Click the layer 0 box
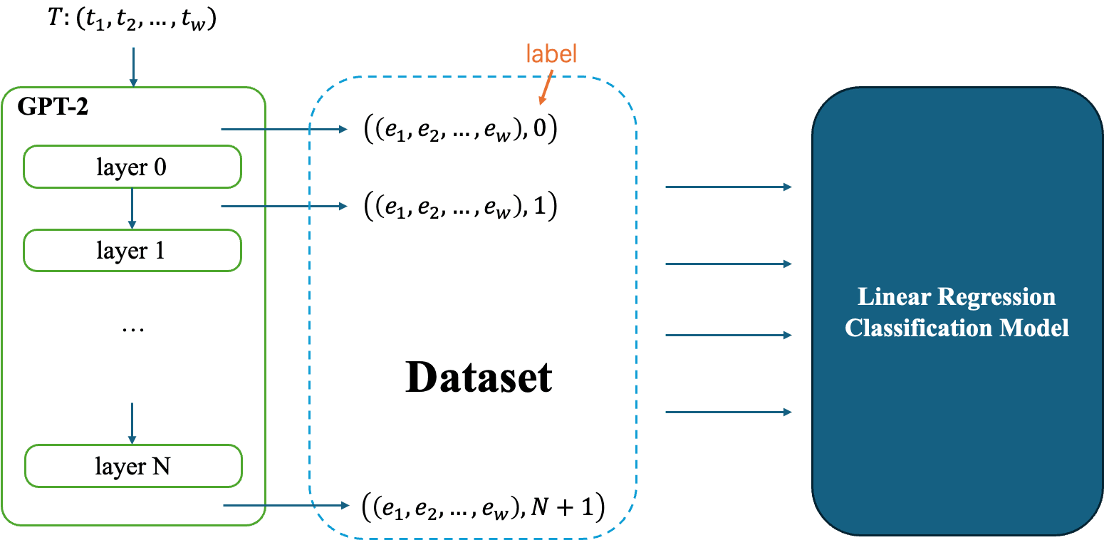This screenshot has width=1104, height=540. click(132, 167)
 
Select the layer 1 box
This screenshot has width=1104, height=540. click(132, 251)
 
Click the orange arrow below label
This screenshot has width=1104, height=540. click(545, 90)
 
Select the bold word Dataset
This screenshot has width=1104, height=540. click(479, 378)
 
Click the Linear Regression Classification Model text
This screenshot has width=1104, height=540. click(957, 312)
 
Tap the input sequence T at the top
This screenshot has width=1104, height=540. click(132, 21)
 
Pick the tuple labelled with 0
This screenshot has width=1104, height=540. click(460, 130)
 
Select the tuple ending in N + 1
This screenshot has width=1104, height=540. click(483, 507)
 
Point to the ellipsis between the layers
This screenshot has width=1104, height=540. click(133, 330)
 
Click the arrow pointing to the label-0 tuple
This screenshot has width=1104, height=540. click(285, 130)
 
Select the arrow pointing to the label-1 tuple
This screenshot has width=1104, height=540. click(285, 207)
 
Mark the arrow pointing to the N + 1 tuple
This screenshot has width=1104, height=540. click(286, 506)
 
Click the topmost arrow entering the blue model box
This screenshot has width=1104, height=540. click(728, 187)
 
